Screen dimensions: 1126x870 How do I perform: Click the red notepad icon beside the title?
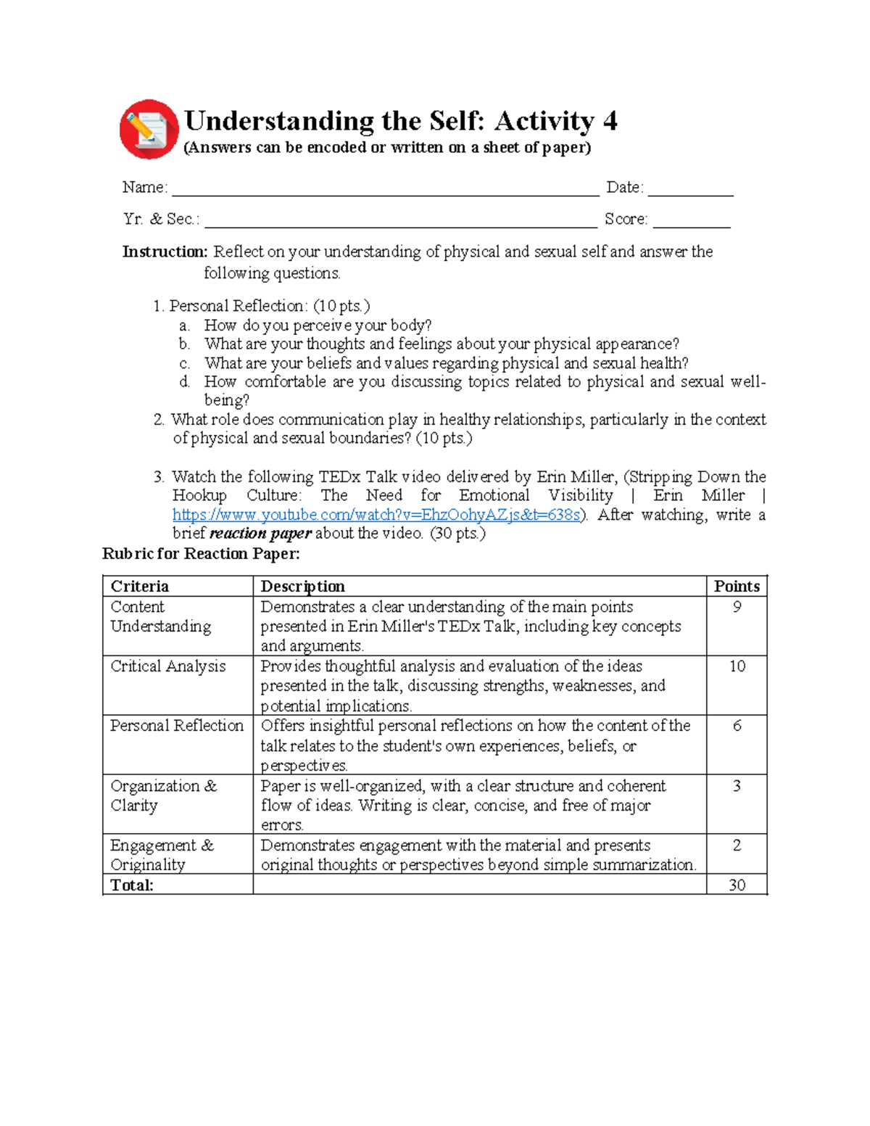(149, 130)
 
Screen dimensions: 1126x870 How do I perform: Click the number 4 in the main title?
(610, 120)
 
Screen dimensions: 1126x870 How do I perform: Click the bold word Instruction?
(165, 252)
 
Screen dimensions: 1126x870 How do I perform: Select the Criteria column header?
(140, 587)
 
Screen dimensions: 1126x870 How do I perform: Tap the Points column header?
(737, 587)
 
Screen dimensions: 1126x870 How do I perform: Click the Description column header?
(302, 587)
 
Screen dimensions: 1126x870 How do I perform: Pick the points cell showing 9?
(737, 607)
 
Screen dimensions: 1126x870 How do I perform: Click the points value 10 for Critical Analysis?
(737, 666)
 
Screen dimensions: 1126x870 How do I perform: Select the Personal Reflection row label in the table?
(177, 726)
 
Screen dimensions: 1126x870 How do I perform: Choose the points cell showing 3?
(737, 786)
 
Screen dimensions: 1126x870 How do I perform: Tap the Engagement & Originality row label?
(162, 855)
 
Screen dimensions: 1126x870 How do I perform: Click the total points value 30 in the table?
(737, 885)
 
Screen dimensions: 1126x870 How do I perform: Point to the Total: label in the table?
(132, 885)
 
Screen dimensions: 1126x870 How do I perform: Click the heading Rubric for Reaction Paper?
(201, 554)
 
